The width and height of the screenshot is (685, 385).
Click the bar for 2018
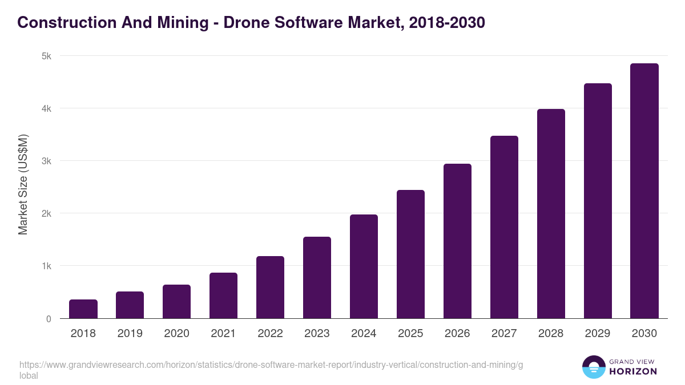[x=83, y=309]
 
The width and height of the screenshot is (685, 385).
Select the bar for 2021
[x=224, y=295]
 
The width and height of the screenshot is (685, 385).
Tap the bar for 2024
[x=364, y=266]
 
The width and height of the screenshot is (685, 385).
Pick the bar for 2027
[x=504, y=227]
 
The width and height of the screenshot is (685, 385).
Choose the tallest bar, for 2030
[x=644, y=191]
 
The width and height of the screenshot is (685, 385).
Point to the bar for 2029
[x=598, y=201]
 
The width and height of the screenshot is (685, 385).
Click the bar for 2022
[x=270, y=287]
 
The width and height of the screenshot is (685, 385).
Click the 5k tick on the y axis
[x=46, y=56]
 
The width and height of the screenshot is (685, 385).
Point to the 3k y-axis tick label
[x=46, y=161]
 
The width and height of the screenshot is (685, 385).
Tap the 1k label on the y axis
[x=46, y=266]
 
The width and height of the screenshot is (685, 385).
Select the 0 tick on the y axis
[x=49, y=319]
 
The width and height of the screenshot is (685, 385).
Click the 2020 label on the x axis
[x=176, y=334]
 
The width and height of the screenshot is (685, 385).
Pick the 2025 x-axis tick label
[x=410, y=334]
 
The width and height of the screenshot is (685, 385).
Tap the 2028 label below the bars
[x=551, y=334]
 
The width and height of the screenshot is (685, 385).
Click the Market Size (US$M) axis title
[x=23, y=184]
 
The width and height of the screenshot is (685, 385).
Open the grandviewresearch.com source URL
[x=271, y=365]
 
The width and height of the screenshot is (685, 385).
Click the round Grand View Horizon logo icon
[x=594, y=367]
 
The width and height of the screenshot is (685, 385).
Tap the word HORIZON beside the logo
[x=633, y=371]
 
